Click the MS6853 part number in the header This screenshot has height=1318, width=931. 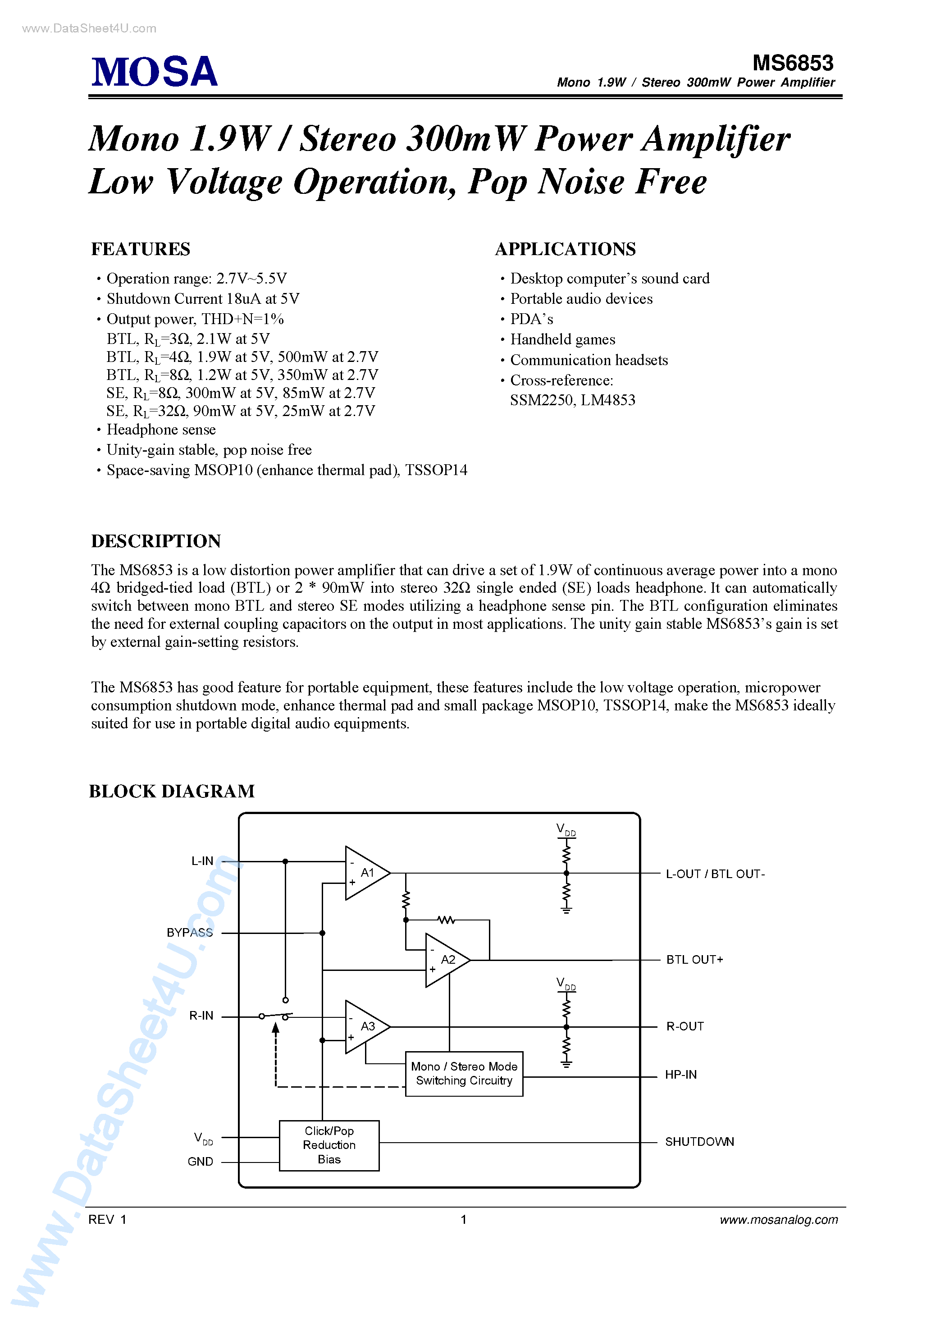[793, 63]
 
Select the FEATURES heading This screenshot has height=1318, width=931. [141, 249]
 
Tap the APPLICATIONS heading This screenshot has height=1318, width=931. [566, 249]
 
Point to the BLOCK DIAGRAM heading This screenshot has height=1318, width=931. [172, 791]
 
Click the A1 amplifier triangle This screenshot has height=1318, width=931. [365, 873]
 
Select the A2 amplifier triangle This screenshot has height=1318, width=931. [445, 960]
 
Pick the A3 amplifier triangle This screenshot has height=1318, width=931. [365, 1027]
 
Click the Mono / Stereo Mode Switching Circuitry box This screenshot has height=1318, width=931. [464, 1073]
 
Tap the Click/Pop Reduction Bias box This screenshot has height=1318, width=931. [329, 1145]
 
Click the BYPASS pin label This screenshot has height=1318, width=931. [189, 933]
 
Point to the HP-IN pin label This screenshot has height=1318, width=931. [681, 1075]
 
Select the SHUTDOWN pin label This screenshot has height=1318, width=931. [699, 1142]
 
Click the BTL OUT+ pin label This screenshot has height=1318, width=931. [694, 960]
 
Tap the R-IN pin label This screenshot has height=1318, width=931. [201, 1016]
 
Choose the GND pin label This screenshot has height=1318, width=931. [201, 1161]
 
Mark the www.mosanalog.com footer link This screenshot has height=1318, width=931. [778, 1219]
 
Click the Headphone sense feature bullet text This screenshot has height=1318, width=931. [161, 430]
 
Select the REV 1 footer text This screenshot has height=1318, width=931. [107, 1219]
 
